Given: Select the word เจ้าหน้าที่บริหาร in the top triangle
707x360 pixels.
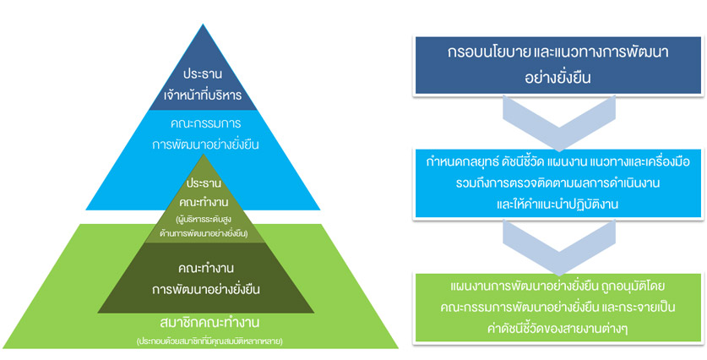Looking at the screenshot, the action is click(x=203, y=95).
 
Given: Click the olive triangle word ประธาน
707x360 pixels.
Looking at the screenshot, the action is click(x=203, y=184).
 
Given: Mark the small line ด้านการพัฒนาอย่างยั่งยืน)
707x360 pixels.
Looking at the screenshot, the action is click(x=204, y=233).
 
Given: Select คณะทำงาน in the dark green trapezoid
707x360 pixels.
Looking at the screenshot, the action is click(x=205, y=268).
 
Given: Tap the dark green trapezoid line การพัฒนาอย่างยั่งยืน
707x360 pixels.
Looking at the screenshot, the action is click(x=205, y=289).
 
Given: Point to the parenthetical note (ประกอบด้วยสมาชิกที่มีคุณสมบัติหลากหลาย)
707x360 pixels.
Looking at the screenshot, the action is click(x=209, y=341).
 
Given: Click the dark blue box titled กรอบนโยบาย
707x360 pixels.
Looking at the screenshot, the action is click(x=558, y=65).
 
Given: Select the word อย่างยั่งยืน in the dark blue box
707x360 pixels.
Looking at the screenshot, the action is click(x=558, y=78).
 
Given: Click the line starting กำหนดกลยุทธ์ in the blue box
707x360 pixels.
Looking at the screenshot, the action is click(x=558, y=163).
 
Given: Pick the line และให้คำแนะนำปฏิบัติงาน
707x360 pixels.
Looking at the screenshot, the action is click(x=557, y=204).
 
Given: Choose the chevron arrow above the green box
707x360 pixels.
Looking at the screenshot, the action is click(x=559, y=248).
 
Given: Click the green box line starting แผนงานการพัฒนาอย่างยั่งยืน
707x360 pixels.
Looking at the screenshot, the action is click(x=557, y=286).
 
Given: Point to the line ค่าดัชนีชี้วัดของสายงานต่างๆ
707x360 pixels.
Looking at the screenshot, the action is click(x=557, y=328).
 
